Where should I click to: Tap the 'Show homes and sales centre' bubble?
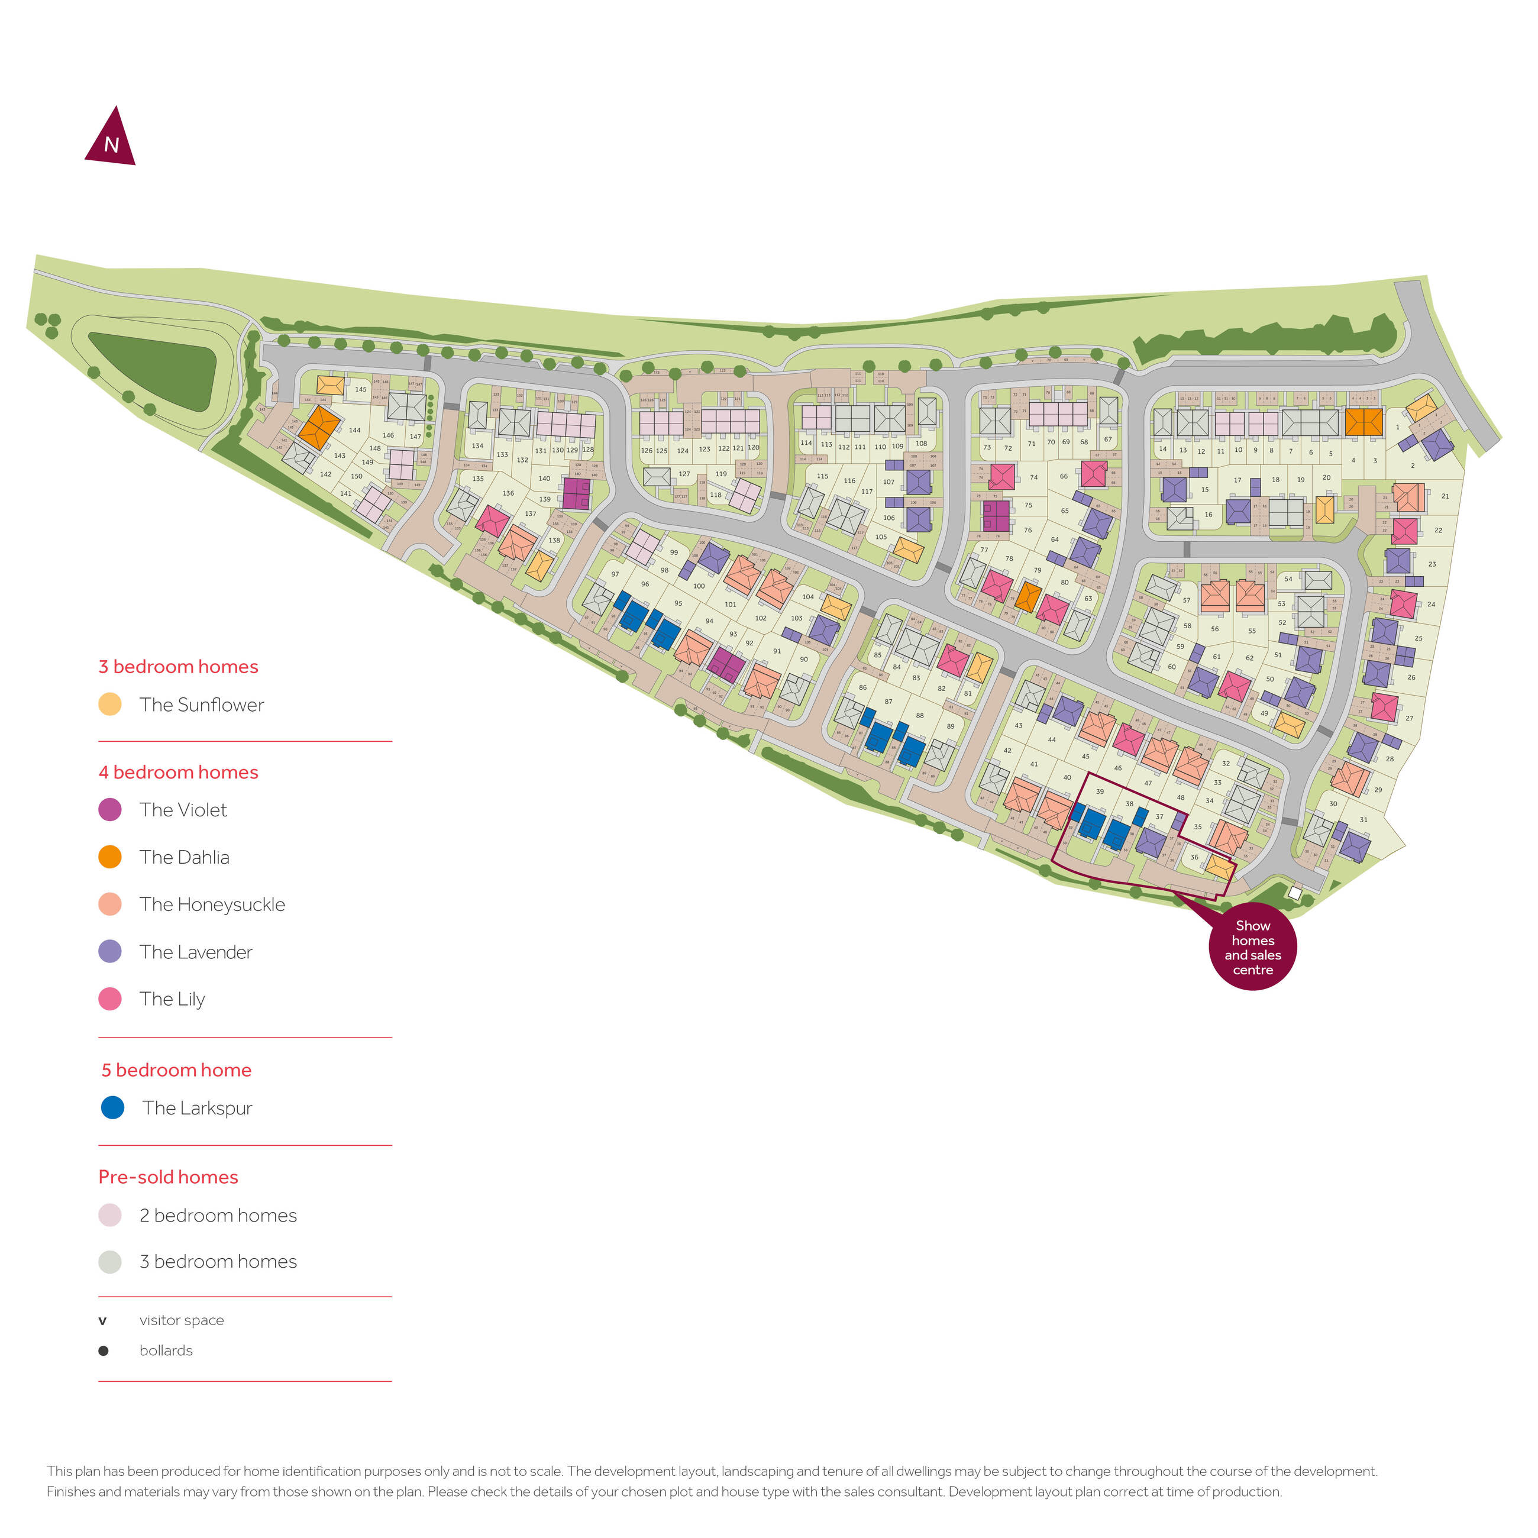click(1252, 947)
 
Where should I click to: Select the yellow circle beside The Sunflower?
click(110, 705)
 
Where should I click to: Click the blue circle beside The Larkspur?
click(112, 1107)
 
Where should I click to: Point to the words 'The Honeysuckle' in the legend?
click(212, 904)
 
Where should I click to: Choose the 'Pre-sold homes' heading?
click(168, 1177)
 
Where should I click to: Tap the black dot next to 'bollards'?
click(103, 1350)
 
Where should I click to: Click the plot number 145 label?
click(361, 389)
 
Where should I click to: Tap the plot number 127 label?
click(684, 474)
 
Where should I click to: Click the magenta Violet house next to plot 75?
click(995, 515)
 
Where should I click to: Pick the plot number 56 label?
click(1215, 629)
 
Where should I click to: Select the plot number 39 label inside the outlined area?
click(1099, 791)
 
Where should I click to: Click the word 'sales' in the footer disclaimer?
click(858, 1492)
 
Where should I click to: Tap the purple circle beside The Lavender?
click(110, 951)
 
